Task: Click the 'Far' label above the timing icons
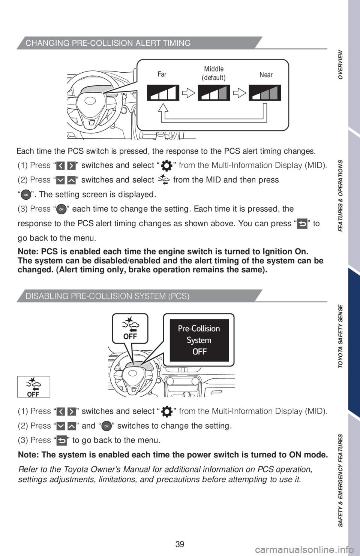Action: (162, 74)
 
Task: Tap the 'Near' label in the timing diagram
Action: (266, 75)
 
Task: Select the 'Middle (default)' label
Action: (214, 73)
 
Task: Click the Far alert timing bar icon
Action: (163, 93)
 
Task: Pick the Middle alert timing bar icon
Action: (214, 93)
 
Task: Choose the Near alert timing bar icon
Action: (265, 93)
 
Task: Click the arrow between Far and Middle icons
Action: (189, 93)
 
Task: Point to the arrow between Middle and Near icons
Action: (240, 93)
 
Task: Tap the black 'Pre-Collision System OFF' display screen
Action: (199, 340)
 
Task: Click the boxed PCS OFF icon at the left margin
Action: (33, 387)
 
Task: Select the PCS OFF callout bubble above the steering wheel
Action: (130, 329)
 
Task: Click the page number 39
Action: (180, 544)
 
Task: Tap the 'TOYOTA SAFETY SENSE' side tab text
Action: (340, 336)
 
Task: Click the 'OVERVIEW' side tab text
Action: (340, 64)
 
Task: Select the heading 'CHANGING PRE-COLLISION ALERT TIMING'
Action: (108, 43)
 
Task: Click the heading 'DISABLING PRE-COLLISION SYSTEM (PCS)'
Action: (108, 296)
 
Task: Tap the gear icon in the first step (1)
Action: (166, 166)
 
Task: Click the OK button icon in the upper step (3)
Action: (61, 209)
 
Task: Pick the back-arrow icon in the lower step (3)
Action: (61, 441)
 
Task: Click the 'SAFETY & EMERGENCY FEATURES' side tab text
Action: (340, 480)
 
